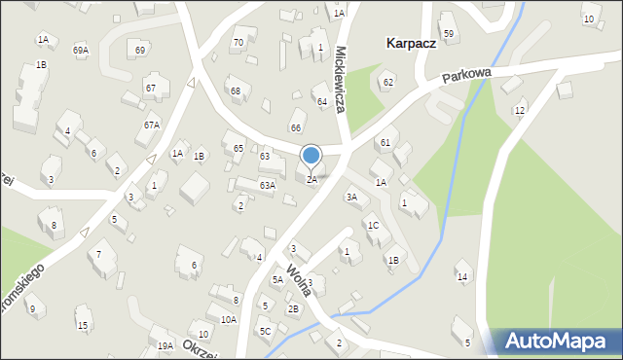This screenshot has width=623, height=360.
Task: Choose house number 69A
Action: coord(81,50)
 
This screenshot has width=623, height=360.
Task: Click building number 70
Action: coord(238,42)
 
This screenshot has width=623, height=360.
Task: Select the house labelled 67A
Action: coord(152,125)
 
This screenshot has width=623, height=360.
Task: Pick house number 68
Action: coord(235,91)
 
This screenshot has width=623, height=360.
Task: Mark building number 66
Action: coord(296,127)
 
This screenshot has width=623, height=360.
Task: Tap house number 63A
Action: coord(267,185)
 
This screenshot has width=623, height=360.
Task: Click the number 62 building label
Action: coord(387,82)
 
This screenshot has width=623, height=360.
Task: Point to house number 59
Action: coord(449,34)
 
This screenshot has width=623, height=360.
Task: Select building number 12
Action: coord(520,111)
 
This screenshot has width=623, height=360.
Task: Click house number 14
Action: coord(462,277)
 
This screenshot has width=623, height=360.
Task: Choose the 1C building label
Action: coord(373,226)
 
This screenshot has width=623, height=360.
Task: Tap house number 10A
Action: coord(228,319)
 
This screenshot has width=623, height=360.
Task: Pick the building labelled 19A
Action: coord(165,345)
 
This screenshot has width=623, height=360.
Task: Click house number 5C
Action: coord(265,331)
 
